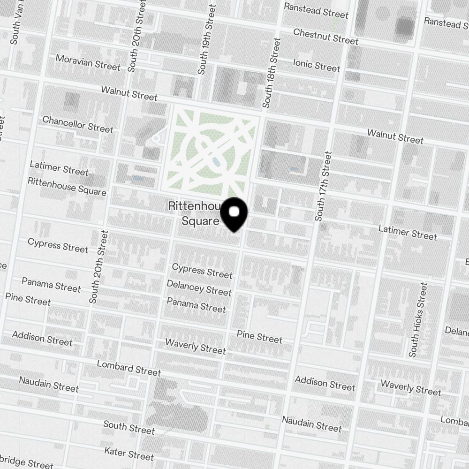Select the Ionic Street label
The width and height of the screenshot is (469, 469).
[317, 65]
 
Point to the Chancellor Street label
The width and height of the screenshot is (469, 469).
[78, 124]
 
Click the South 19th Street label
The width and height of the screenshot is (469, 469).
[206, 39]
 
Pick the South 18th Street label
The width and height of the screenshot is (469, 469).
[272, 73]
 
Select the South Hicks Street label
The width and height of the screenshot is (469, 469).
[418, 319]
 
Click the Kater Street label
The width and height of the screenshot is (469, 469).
[129, 454]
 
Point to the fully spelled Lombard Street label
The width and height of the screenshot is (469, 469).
[129, 368]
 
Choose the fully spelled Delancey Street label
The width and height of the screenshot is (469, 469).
[199, 289]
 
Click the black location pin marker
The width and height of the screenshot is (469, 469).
[234, 213]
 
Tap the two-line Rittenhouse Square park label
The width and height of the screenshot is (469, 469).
[194, 213]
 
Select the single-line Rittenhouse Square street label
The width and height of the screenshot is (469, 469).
[67, 187]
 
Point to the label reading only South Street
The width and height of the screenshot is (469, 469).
[129, 427]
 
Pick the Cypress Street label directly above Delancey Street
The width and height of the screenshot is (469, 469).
[202, 271]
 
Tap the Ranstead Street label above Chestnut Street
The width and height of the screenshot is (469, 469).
[316, 10]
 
